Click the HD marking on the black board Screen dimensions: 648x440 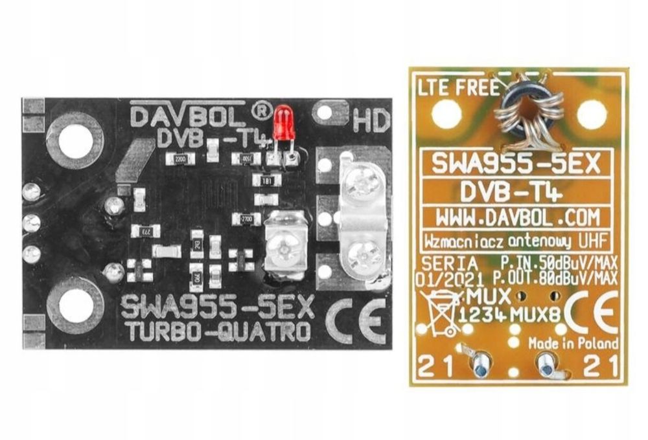[x=371, y=120]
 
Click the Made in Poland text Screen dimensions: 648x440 [x=573, y=342]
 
